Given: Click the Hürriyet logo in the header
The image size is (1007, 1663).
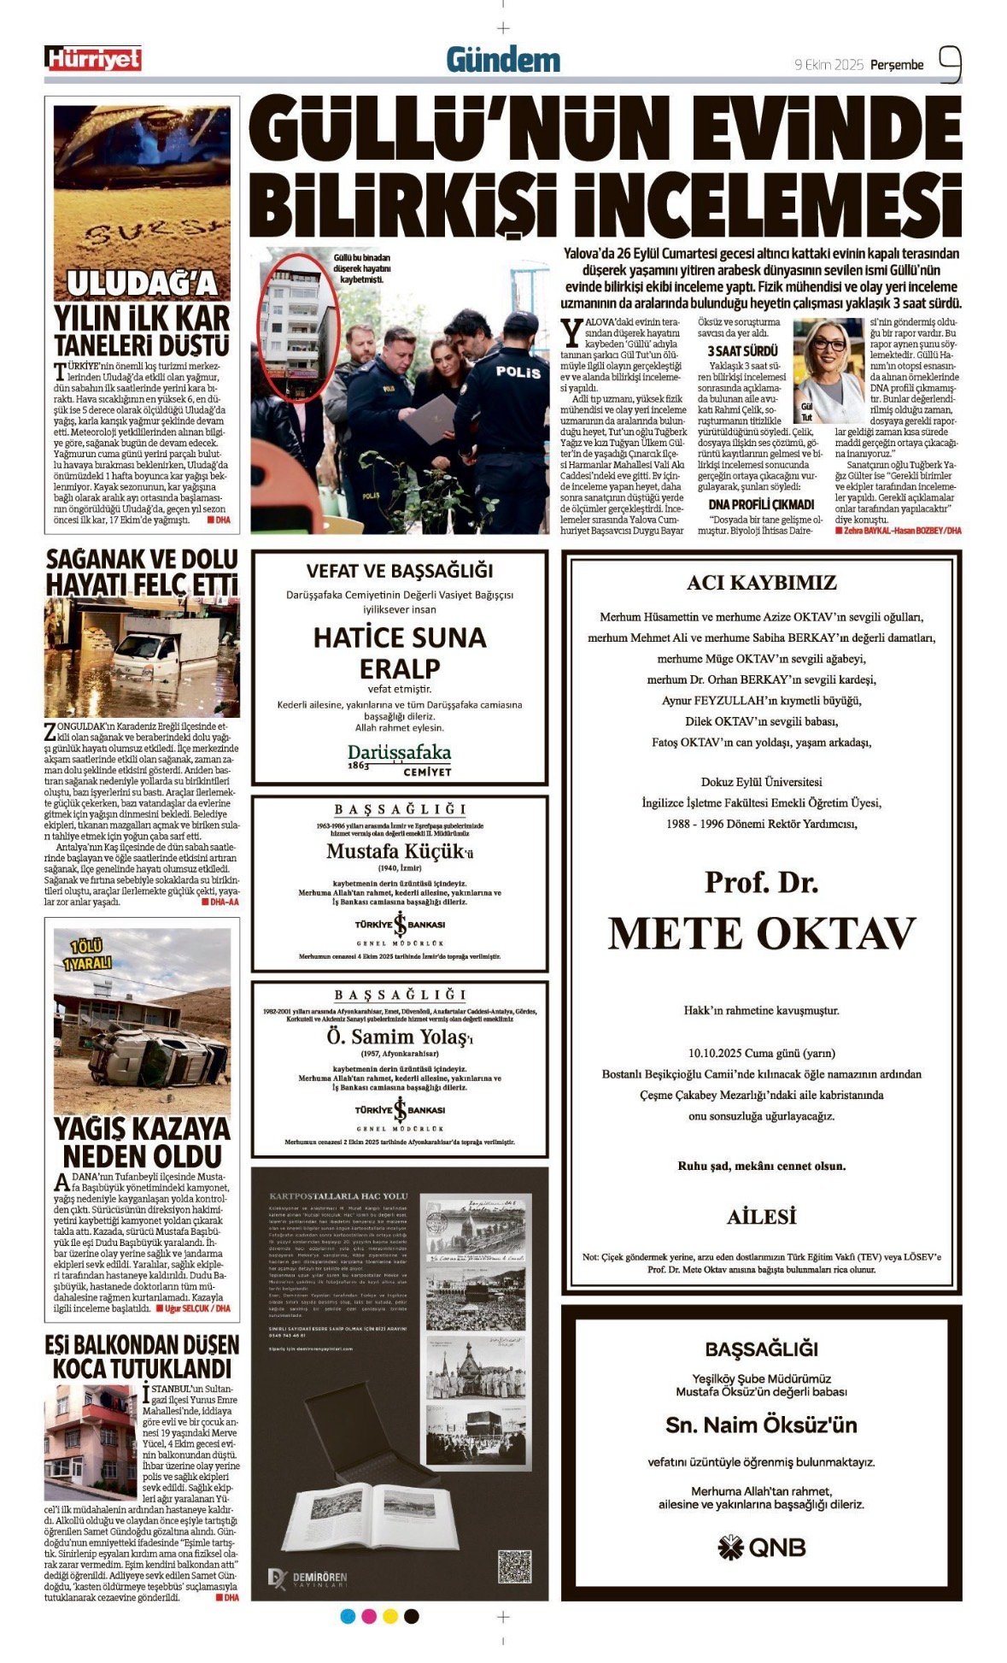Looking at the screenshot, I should [93, 58].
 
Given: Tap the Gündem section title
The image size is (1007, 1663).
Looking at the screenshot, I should [503, 60].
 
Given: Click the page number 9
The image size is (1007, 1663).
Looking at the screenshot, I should [950, 63].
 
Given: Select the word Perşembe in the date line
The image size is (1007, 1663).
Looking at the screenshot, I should [897, 65].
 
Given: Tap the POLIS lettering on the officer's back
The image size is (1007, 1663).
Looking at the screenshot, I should [518, 372].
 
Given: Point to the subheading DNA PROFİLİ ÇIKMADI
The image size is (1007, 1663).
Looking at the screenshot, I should [761, 504].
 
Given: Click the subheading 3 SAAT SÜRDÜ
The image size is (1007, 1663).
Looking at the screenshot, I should [742, 350].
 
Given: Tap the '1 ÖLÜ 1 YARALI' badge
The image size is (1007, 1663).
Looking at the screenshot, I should [86, 955].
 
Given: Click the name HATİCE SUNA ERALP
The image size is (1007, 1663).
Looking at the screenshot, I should [400, 653].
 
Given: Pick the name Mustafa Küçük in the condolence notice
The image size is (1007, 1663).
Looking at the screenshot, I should [398, 851].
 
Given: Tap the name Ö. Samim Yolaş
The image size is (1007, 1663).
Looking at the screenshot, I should [398, 1037].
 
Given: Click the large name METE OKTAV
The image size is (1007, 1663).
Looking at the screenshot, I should [761, 933].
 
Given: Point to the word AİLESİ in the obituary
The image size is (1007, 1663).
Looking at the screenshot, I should [761, 1217].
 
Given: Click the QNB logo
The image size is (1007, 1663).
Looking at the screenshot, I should [761, 1548].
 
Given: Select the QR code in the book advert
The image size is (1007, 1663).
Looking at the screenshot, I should [514, 1566].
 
